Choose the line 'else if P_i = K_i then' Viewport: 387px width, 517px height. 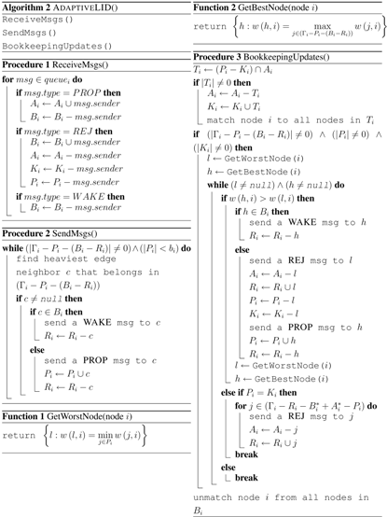257,394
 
